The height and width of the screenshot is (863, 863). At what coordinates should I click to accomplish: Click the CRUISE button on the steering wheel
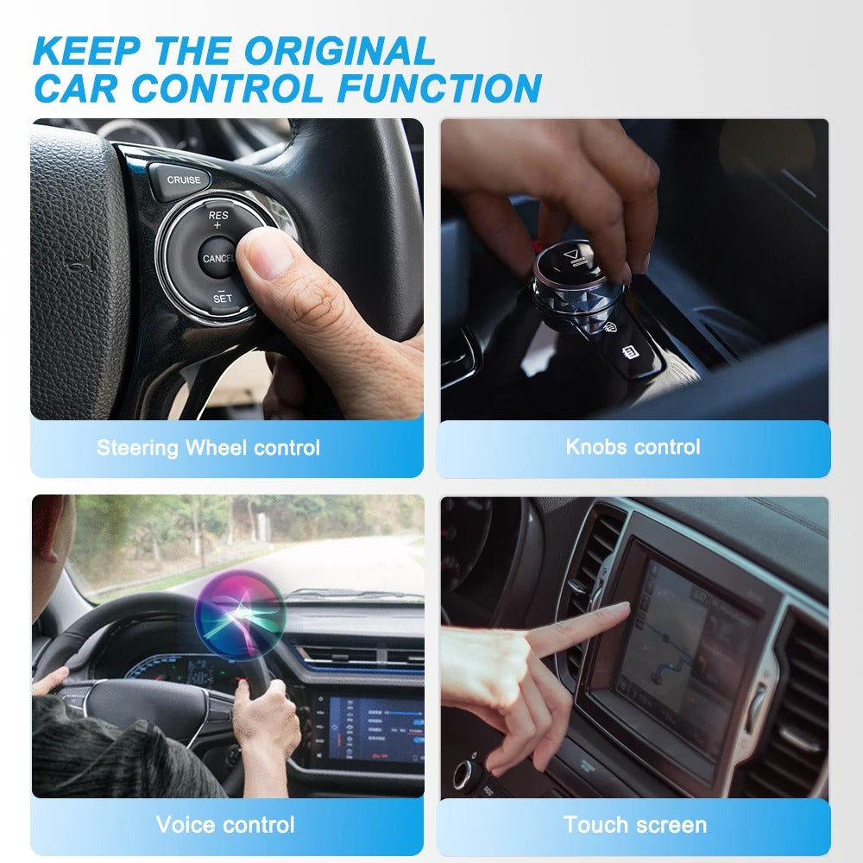pos(183,180)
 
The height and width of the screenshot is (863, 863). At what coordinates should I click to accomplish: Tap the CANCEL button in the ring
pos(217,258)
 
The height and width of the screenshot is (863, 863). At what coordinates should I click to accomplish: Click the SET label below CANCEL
pos(222,299)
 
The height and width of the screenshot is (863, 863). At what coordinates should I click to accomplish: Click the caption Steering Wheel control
pos(208,448)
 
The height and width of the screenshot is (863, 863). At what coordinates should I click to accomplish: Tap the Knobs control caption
pos(633,447)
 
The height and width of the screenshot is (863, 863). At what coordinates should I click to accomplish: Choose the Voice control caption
pos(225,824)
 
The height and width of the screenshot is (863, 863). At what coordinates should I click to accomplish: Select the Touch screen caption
pos(634,824)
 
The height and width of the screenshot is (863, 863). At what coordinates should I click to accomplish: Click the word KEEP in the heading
pos(86,52)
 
